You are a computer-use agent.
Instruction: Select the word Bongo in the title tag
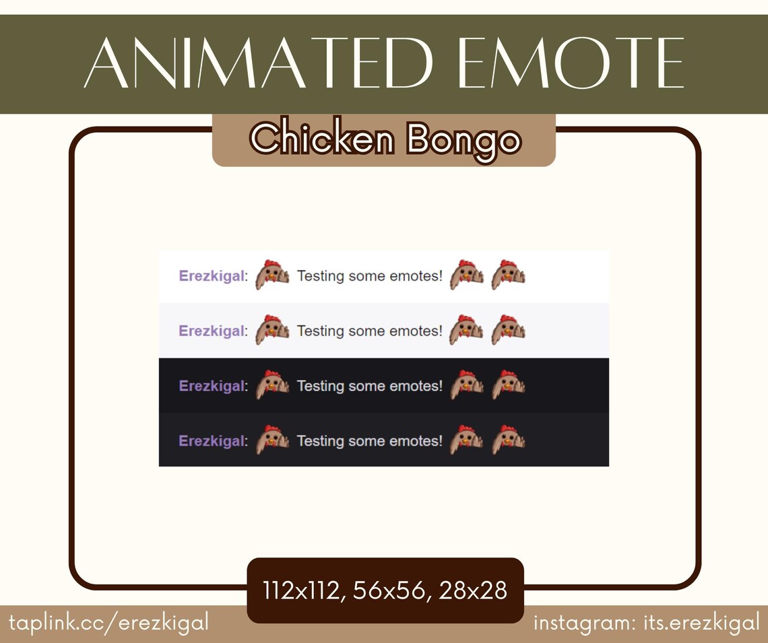point(464,141)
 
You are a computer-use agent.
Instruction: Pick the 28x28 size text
point(473,590)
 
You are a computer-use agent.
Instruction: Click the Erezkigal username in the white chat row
point(212,276)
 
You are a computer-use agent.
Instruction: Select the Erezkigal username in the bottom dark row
point(212,441)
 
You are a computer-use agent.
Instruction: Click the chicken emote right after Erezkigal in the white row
point(272,275)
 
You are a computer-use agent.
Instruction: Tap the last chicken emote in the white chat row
point(508,275)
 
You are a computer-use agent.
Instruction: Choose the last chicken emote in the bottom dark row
point(508,440)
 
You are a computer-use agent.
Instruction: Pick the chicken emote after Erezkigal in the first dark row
point(272,385)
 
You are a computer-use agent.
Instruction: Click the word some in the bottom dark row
point(366,441)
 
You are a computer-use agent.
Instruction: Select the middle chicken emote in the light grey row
point(466,330)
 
